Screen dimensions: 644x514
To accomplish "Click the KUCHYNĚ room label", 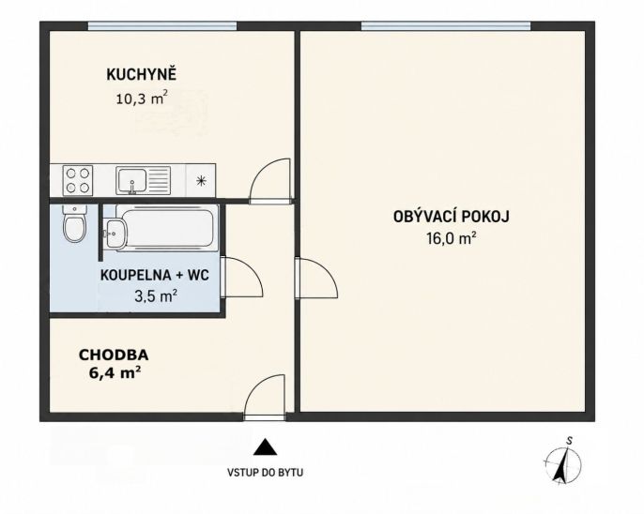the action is coord(141,74).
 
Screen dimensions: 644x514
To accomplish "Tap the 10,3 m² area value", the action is coord(142,98).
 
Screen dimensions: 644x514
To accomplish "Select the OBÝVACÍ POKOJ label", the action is coord(452,216).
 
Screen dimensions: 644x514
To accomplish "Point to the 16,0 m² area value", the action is coord(452,238).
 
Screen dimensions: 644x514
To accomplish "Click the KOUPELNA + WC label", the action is coord(155,275).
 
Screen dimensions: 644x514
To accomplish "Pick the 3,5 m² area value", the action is coord(156,295).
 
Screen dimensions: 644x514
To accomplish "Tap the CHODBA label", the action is coord(114,355).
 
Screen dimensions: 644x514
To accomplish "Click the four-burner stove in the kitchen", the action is coord(78,180).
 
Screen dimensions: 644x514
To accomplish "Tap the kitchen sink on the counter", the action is coord(143,180).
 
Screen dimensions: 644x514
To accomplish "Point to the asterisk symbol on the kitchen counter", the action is coord(201,180).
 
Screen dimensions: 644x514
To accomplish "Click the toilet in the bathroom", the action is coord(74,224).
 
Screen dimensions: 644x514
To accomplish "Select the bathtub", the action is coord(167,228).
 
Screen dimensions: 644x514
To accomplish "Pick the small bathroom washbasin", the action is coord(115,234).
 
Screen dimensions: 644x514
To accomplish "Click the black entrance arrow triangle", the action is coord(265,447).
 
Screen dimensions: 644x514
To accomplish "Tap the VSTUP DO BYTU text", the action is coord(266,473).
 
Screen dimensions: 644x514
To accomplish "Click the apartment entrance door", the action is coord(265,397).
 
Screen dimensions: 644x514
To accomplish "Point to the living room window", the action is coord(446,26).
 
